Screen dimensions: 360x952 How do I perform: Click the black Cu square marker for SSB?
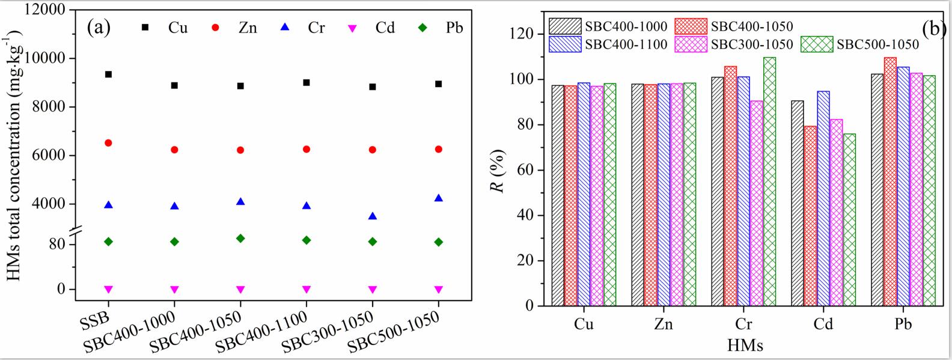(109, 75)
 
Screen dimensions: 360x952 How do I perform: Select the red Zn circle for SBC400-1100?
(307, 149)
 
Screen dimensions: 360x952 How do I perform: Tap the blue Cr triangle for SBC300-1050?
(373, 216)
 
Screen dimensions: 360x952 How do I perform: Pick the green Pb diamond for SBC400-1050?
(240, 239)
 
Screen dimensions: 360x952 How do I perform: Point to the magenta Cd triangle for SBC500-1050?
(439, 289)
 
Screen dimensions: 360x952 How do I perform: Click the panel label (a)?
(99, 27)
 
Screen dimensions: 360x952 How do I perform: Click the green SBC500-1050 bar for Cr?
(770, 182)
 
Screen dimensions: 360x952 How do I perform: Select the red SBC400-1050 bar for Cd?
(810, 216)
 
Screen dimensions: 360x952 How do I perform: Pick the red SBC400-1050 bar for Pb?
(890, 182)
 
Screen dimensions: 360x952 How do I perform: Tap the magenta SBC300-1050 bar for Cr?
(757, 203)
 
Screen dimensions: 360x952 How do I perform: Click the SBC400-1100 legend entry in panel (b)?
(608, 44)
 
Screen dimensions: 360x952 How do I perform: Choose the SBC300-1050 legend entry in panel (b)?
(734, 44)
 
